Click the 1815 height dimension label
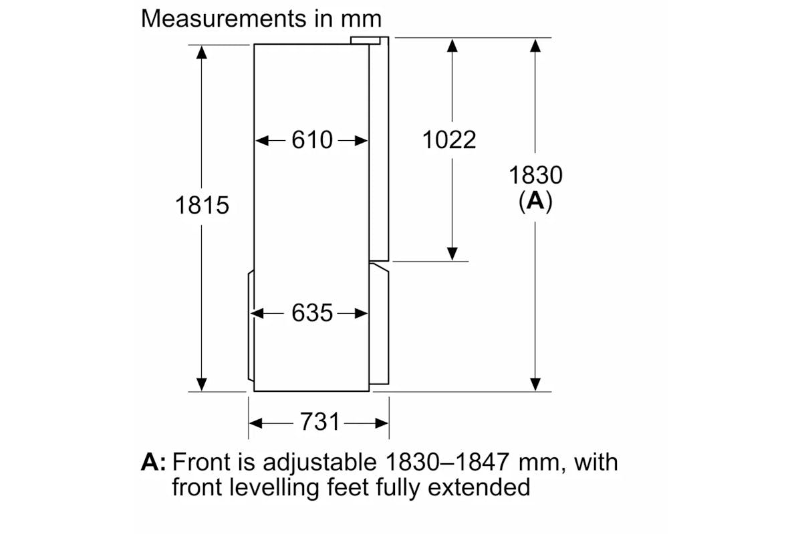(202, 206)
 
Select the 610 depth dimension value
(312, 140)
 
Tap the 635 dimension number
(312, 313)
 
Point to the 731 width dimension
(319, 421)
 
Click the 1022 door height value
(449, 140)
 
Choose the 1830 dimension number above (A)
(535, 176)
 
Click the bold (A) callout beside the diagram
(535, 202)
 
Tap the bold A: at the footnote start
(154, 462)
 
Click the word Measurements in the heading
(224, 18)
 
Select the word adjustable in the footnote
(319, 463)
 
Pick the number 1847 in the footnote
(482, 462)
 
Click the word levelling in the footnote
(274, 487)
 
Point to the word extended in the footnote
(479, 487)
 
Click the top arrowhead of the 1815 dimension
(202, 53)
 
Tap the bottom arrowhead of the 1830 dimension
(535, 384)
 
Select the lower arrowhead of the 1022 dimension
(452, 254)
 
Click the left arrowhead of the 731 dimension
(255, 423)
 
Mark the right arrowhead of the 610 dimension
(362, 140)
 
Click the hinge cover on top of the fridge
(365, 41)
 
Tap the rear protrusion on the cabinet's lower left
(251, 325)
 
